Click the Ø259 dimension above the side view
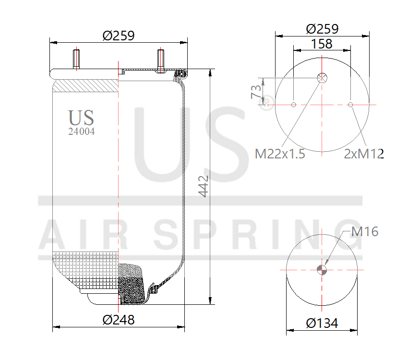click(118, 36)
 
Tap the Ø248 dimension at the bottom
click(118, 320)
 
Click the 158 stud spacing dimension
click(322, 44)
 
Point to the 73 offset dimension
click(256, 91)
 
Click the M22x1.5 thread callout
click(280, 154)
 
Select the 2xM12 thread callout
click(364, 154)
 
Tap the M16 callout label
click(365, 232)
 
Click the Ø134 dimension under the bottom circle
click(322, 324)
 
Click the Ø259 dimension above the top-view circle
click(322, 28)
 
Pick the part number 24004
click(81, 132)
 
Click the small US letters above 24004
click(81, 118)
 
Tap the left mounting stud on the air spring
click(76, 59)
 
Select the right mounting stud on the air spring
click(160, 60)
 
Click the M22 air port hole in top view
click(322, 78)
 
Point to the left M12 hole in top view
click(293, 105)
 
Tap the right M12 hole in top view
click(350, 105)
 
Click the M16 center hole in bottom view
click(322, 269)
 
